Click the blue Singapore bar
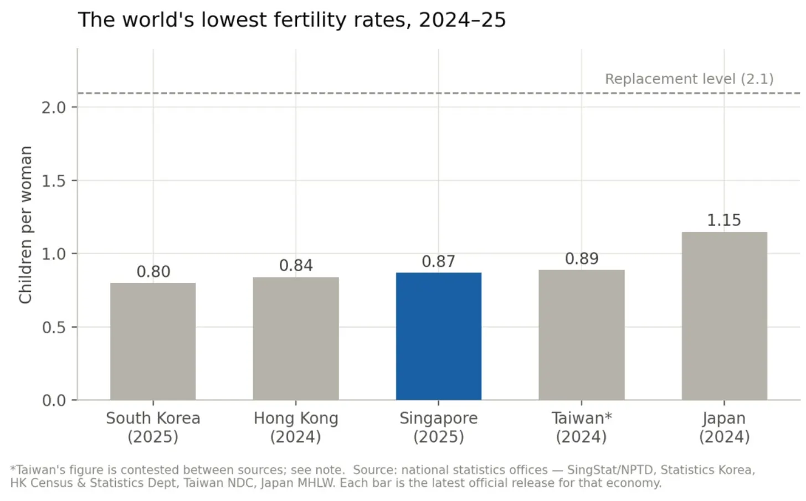point(439,336)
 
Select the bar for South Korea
point(153,342)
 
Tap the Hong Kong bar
point(296,338)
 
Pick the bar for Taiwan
point(582,335)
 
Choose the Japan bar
point(725,316)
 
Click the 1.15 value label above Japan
point(724,220)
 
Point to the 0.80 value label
point(153,272)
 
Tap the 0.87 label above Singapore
point(439,261)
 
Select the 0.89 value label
point(582,259)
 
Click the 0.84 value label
point(296,266)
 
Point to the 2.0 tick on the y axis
point(54,107)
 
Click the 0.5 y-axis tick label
point(54,328)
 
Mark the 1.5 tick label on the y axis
point(54,181)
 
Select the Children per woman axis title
point(25,225)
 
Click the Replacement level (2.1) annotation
point(689,79)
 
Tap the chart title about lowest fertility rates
point(292,20)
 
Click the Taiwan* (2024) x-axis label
point(582,427)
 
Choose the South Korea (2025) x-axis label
point(153,427)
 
